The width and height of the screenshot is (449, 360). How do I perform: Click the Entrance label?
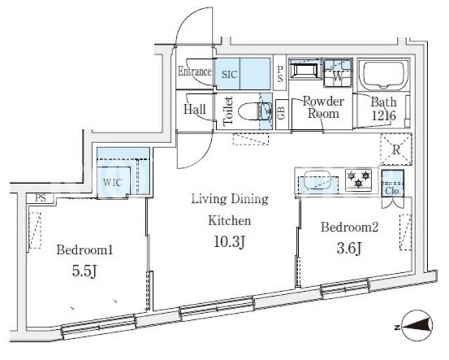tap(195, 72)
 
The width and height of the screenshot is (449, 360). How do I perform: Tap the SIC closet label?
tap(229, 74)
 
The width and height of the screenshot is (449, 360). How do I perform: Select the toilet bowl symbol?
tap(247, 111)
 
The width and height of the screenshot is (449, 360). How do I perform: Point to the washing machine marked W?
tap(337, 73)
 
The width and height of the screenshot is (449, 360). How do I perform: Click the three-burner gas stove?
tap(358, 179)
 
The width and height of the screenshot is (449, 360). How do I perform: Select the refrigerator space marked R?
tap(396, 149)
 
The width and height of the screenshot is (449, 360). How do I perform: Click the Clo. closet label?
tap(393, 190)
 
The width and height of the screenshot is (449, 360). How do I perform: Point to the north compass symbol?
tap(417, 326)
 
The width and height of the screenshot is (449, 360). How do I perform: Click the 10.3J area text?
tap(229, 241)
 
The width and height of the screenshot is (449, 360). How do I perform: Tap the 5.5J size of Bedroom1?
tap(84, 271)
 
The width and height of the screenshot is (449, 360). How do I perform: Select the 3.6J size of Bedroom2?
tap(349, 248)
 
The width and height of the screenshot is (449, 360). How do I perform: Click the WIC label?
tap(112, 182)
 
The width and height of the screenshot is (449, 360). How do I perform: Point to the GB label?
tap(281, 113)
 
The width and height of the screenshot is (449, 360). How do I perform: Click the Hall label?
tap(195, 109)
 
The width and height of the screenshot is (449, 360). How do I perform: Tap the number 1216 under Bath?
tap(384, 115)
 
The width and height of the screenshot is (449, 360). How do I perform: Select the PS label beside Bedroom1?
tap(41, 198)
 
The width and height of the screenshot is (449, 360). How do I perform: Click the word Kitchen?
tap(229, 220)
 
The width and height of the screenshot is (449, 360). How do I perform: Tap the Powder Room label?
tap(323, 107)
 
